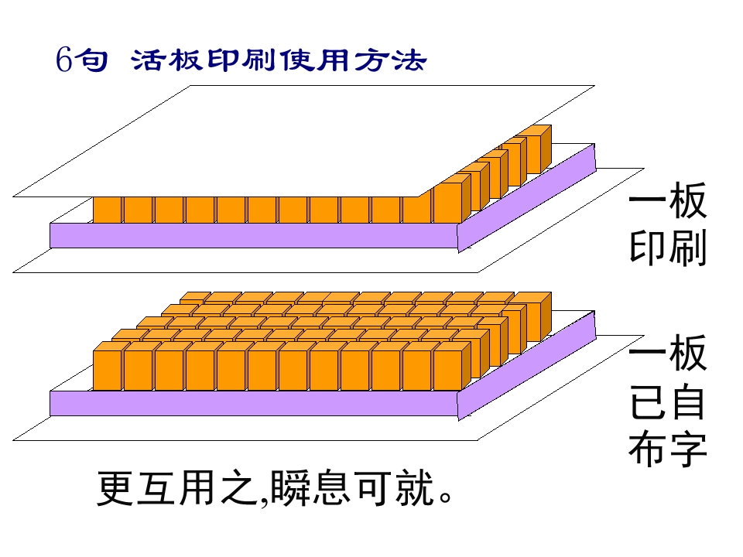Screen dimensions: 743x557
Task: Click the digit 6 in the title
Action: tap(64, 60)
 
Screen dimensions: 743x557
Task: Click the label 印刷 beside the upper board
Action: tap(668, 247)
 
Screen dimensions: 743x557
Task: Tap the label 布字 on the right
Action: tap(668, 448)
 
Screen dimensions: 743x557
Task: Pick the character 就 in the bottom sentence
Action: tap(415, 488)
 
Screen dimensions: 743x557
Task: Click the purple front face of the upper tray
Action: tap(254, 235)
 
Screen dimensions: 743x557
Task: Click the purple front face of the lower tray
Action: tap(254, 404)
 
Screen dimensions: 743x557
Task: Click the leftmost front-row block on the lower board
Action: tap(108, 366)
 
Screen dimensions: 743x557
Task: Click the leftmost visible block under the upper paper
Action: tap(108, 210)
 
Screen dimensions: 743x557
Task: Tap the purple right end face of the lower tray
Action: tap(526, 364)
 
